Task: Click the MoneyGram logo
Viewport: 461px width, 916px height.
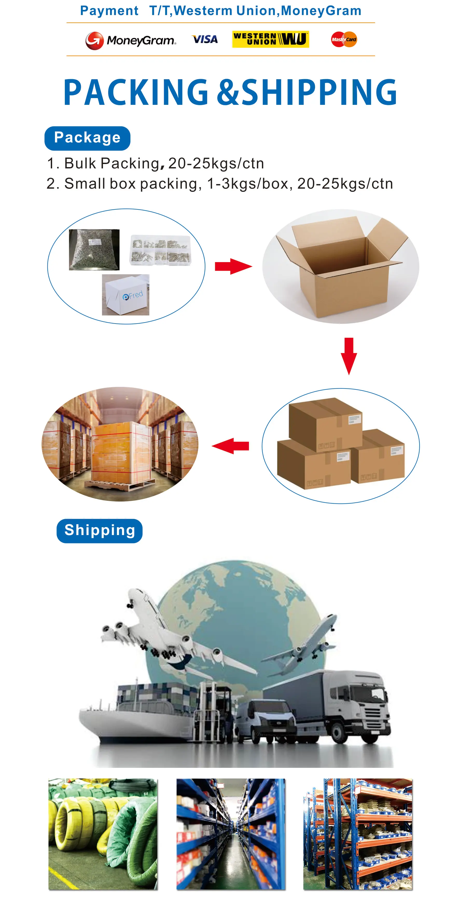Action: [x=130, y=40]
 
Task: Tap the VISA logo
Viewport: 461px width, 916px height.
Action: [x=205, y=39]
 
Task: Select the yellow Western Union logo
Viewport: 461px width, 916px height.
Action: [x=270, y=39]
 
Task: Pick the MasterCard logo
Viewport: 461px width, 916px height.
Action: [x=344, y=39]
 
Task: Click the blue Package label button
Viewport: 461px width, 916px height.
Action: [x=87, y=138]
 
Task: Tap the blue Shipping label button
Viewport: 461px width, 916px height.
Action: [x=100, y=531]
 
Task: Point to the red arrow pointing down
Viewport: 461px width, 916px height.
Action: [x=349, y=356]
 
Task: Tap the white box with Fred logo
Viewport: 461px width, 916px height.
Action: [x=125, y=295]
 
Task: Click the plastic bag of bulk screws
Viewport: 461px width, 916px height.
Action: [x=94, y=249]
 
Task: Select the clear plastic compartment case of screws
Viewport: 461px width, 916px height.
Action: [x=160, y=250]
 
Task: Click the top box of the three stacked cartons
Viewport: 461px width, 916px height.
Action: [x=325, y=423]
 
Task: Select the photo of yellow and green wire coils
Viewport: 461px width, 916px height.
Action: [x=103, y=834]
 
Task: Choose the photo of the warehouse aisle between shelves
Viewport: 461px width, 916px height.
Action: [x=231, y=834]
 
